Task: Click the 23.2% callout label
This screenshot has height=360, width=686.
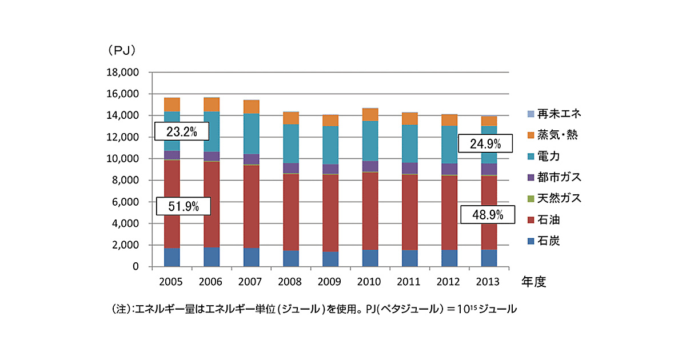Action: click(181, 132)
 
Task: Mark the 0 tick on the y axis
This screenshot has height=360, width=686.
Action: click(135, 267)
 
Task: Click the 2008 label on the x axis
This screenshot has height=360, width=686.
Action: click(290, 282)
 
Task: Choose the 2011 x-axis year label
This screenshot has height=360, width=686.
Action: click(410, 282)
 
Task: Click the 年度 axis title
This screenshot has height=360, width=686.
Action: click(533, 282)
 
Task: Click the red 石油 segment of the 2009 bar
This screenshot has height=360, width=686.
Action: click(330, 213)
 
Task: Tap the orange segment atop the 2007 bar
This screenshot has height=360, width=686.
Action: click(251, 107)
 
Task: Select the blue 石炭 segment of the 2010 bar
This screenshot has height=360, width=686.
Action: click(370, 258)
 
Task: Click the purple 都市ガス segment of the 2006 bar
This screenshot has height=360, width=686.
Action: click(212, 157)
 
